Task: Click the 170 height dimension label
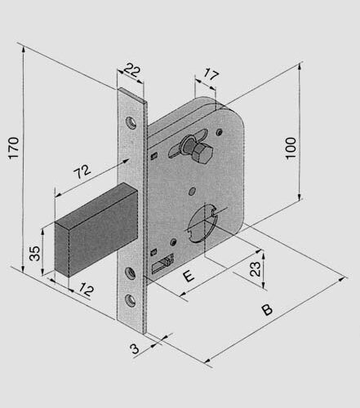[13, 148]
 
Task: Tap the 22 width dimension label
[132, 70]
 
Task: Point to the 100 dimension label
[291, 149]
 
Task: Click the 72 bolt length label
[82, 171]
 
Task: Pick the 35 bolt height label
[34, 254]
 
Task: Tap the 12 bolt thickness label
[87, 290]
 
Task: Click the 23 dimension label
[255, 269]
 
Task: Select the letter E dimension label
[189, 276]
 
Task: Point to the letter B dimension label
[267, 309]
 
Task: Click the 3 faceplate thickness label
[135, 348]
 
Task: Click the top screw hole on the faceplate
[131, 123]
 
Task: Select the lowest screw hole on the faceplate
[131, 300]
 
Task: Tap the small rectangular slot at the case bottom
[162, 264]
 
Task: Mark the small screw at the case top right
[220, 132]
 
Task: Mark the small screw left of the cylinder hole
[173, 242]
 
